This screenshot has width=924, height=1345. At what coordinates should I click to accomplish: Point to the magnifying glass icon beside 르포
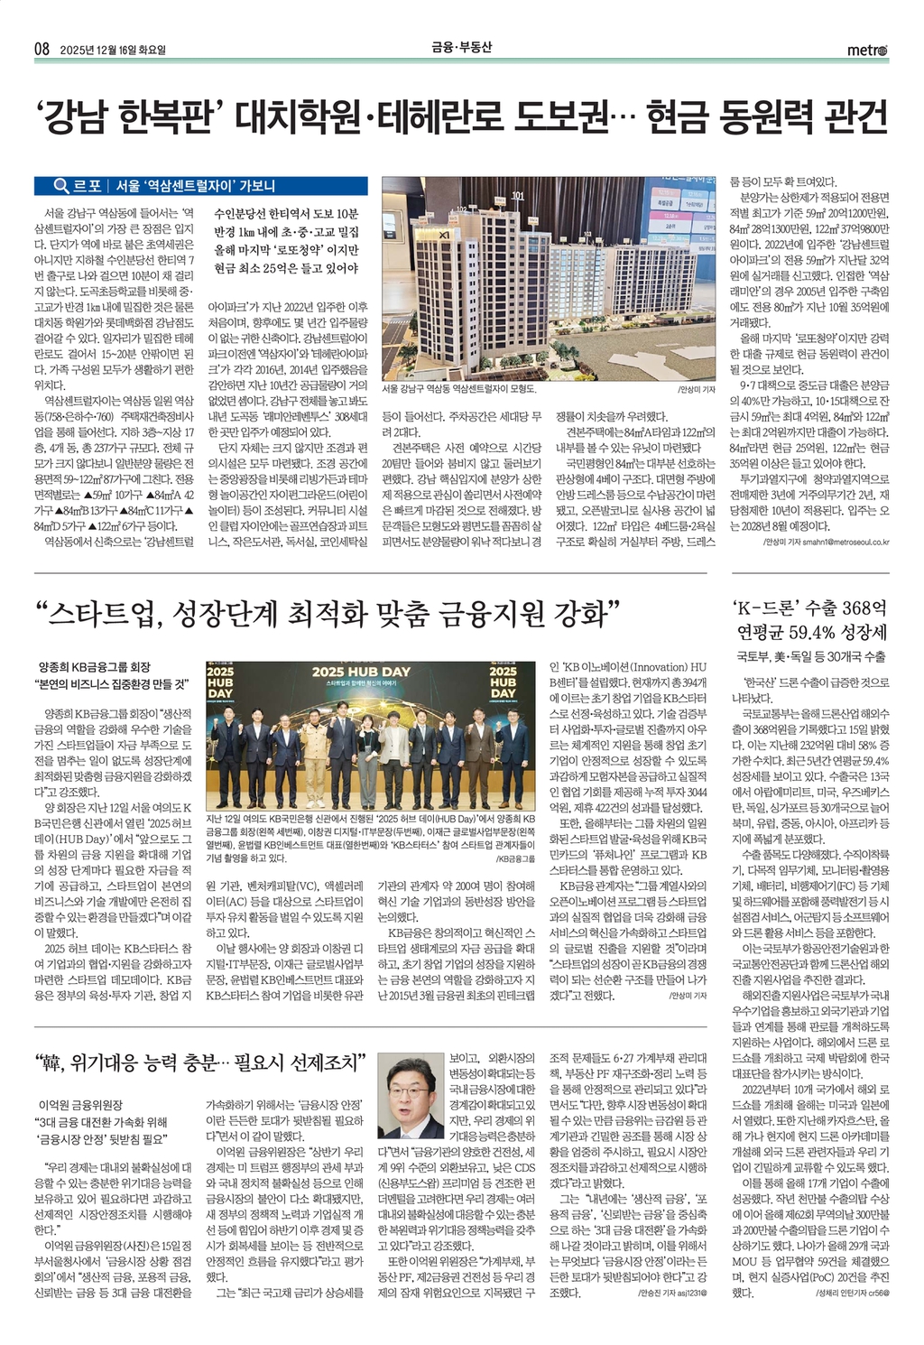61,186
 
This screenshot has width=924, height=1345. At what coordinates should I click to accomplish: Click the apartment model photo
549,279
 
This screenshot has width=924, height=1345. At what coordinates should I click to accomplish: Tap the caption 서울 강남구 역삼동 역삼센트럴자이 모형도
458,389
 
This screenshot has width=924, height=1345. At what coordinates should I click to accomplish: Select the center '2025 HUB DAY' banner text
361,672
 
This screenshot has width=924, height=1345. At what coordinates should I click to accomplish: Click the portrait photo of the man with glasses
411,1094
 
